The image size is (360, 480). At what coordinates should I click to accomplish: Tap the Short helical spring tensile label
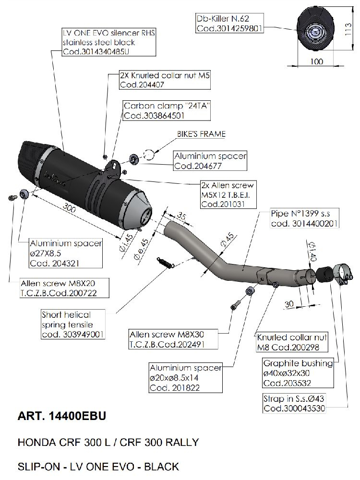(x=72, y=324)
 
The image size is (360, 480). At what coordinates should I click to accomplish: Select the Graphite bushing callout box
(x=298, y=373)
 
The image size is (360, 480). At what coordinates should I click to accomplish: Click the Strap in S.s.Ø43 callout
(x=294, y=404)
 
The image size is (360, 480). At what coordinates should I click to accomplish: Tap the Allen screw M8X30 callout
(x=173, y=339)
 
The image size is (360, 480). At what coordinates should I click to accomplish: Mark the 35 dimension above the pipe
(x=181, y=215)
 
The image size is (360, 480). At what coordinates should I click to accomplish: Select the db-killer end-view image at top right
(x=315, y=31)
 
